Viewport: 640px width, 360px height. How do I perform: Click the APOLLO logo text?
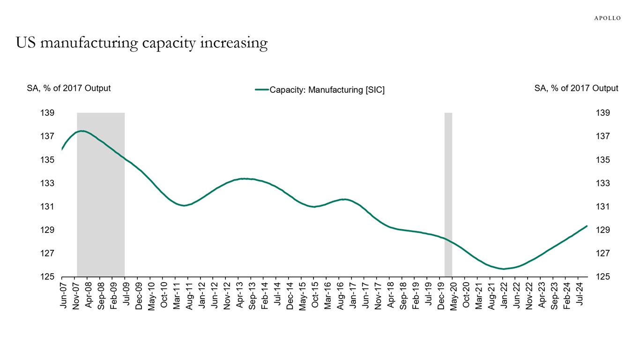point(607,18)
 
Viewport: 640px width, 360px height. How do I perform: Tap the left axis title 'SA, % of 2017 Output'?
point(69,88)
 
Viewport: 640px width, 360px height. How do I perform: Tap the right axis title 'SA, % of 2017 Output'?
point(576,88)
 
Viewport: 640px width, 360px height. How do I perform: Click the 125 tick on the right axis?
point(603,277)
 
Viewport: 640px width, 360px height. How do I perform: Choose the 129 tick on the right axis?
point(603,230)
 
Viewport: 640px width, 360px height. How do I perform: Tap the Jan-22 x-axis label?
point(503,295)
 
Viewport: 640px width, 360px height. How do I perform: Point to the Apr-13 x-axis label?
point(239,295)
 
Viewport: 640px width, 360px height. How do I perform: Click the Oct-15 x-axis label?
point(315,295)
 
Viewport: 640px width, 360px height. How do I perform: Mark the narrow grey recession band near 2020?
point(448,195)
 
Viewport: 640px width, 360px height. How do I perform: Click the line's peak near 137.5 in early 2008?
point(82,131)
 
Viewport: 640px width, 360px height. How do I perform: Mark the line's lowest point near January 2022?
point(504,269)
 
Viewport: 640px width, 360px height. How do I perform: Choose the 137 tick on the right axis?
point(603,136)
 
